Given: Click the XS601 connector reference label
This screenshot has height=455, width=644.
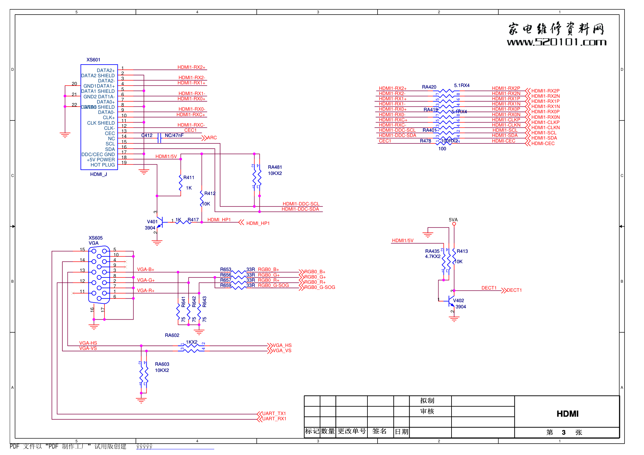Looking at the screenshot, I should pyautogui.click(x=93, y=60).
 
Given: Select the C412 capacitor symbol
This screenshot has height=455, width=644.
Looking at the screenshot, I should pyautogui.click(x=159, y=138).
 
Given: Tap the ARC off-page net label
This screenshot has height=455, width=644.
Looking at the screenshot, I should pyautogui.click(x=212, y=138).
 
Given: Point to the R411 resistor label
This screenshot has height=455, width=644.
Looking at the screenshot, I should pyautogui.click(x=189, y=178).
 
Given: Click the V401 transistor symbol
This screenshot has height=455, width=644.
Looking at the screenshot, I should pyautogui.click(x=159, y=222).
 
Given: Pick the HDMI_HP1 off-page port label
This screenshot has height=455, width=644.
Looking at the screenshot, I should pyautogui.click(x=258, y=223).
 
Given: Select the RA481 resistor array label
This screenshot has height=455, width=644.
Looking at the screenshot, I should pyautogui.click(x=275, y=167).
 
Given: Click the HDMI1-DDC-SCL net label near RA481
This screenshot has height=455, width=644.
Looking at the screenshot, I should pyautogui.click(x=301, y=204).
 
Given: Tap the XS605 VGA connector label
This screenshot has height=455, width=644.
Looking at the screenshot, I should pyautogui.click(x=95, y=238).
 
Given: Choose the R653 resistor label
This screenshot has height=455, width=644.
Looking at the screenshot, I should pyautogui.click(x=226, y=269).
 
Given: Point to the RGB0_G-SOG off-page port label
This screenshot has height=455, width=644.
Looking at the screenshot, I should pyautogui.click(x=319, y=287).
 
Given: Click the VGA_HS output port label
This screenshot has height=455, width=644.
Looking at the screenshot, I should pyautogui.click(x=282, y=345).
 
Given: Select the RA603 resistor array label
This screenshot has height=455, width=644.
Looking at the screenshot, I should pyautogui.click(x=162, y=364).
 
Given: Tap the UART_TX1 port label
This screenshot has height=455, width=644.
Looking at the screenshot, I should pyautogui.click(x=274, y=413).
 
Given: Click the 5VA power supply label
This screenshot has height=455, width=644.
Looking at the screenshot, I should pyautogui.click(x=453, y=220).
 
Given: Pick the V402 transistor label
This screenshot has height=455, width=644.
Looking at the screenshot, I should pyautogui.click(x=458, y=301).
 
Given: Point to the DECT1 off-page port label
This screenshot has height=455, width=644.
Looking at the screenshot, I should pyautogui.click(x=514, y=290).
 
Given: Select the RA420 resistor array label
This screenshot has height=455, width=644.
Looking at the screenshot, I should pyautogui.click(x=429, y=87).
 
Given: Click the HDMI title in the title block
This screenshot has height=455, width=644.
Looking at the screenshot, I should pyautogui.click(x=567, y=414).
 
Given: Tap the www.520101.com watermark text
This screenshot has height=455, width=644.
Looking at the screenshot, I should pyautogui.click(x=556, y=42).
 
